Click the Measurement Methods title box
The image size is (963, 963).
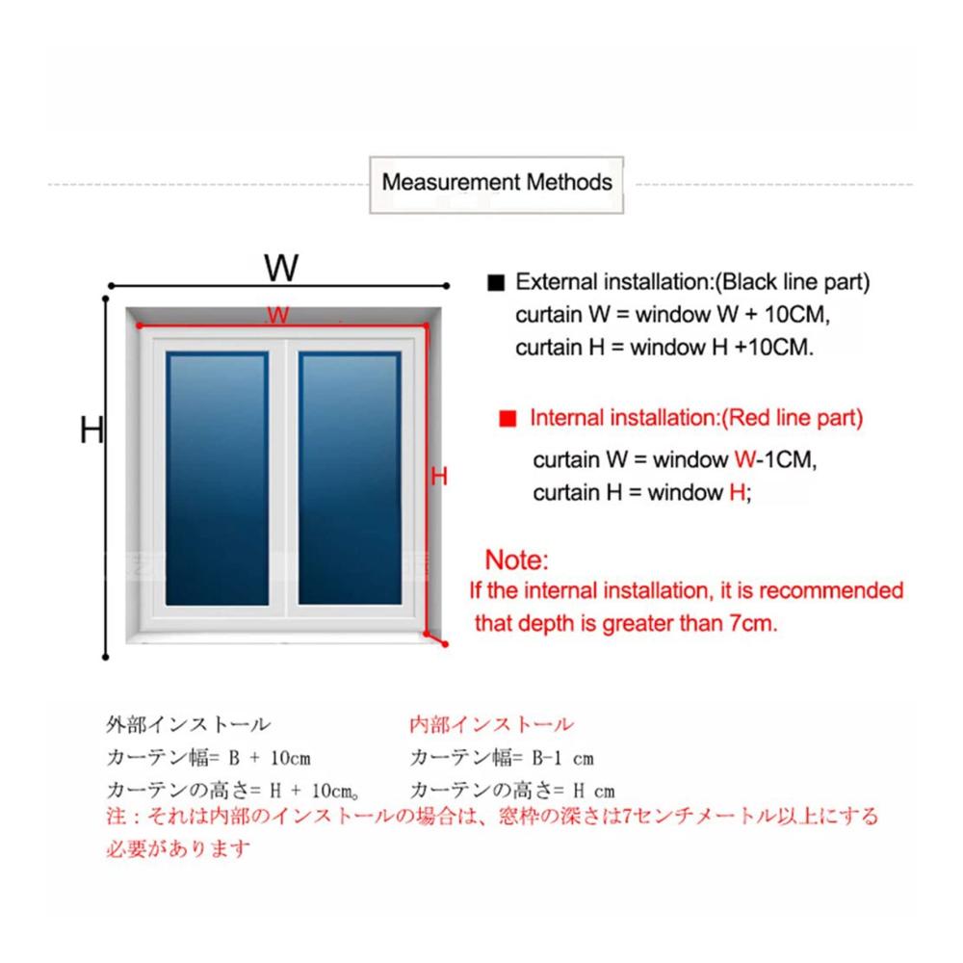[496, 184]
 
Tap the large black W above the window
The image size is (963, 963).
[281, 268]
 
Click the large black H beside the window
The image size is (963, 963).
[91, 429]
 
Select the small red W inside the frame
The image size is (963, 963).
[277, 315]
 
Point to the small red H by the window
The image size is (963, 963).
[438, 476]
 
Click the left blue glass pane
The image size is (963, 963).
[217, 479]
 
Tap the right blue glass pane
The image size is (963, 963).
[350, 479]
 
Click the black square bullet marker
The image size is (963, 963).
[496, 282]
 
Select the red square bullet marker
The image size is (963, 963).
[508, 418]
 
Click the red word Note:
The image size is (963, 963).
[516, 560]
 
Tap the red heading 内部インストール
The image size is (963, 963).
[491, 725]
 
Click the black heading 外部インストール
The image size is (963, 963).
[188, 725]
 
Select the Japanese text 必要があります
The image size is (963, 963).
[178, 848]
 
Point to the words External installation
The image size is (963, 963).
[614, 282]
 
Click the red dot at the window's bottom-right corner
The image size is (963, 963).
[445, 644]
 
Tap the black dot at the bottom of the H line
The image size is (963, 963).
[106, 657]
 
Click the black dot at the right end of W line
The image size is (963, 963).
[447, 286]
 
